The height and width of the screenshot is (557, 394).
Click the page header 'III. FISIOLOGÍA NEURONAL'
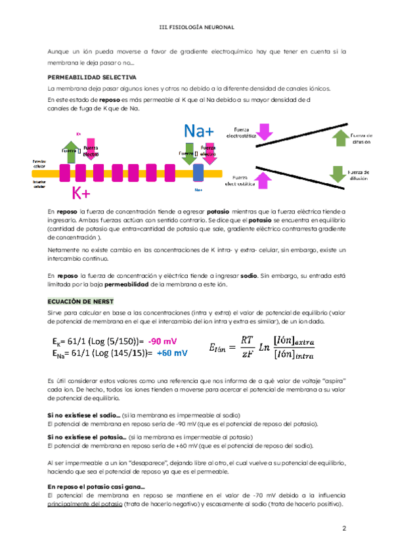click(197, 28)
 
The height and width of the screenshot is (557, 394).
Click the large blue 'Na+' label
click(199, 130)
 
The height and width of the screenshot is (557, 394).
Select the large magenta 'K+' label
click(82, 193)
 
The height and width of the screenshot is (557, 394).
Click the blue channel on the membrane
click(198, 173)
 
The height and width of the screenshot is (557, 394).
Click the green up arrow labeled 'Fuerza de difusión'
click(339, 137)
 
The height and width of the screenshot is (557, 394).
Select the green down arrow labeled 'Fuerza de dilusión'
click(338, 173)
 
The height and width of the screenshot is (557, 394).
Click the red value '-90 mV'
click(162, 342)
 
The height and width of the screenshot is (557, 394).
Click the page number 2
click(343, 528)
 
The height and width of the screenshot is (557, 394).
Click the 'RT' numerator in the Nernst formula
click(246, 340)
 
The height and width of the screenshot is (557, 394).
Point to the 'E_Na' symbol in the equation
click(58, 353)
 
